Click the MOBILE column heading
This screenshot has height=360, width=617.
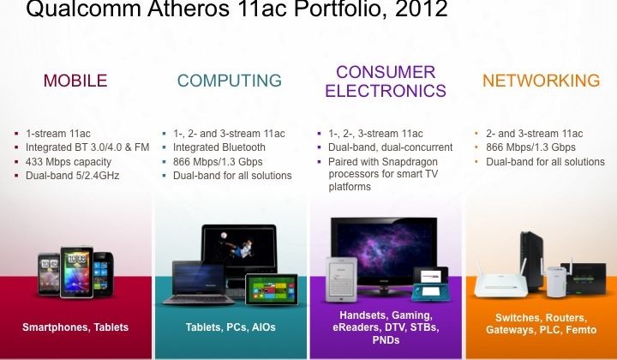point(75,81)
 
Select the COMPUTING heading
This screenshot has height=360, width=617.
point(230,81)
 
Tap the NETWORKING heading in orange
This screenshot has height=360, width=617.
point(541,81)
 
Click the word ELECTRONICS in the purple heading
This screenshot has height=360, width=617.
point(386,91)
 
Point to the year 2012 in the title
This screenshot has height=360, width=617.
point(422,9)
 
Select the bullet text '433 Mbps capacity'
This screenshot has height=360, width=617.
point(69,162)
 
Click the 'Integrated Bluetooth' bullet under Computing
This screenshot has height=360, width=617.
point(219,147)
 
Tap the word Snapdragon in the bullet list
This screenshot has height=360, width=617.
point(410,162)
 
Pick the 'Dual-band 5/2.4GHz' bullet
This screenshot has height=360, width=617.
point(72,176)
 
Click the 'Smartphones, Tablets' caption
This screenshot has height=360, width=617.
point(75,327)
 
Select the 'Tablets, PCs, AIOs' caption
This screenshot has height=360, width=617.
point(231,327)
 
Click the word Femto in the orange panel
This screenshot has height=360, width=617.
point(581,330)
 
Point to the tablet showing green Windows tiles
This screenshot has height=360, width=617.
point(272,290)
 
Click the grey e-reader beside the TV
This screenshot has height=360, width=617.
point(341,279)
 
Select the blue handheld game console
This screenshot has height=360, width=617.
point(430,284)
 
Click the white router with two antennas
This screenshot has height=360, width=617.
point(500,279)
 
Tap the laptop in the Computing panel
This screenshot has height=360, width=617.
point(199,283)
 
